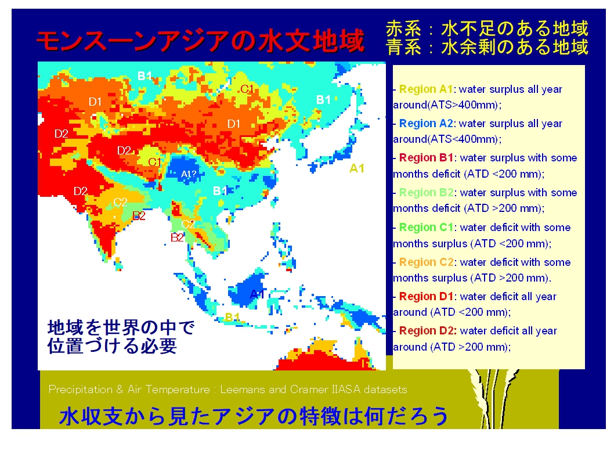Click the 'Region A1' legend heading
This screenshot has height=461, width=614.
425,89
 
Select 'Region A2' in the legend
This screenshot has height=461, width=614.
426,123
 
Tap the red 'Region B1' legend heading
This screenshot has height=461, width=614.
426,158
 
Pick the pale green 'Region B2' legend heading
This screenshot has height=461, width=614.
426,193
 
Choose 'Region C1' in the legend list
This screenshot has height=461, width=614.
426,228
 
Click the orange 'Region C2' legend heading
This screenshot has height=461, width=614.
426,262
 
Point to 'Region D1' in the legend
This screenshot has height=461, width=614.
426,297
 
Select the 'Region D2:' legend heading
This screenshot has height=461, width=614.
428,331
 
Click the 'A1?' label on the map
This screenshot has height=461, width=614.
189,174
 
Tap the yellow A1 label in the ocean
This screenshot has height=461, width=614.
357,168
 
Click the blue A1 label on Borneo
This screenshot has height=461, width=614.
257,294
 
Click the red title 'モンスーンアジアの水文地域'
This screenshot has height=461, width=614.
200,40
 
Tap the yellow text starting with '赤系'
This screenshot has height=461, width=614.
487,28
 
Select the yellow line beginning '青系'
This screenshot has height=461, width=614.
487,47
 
